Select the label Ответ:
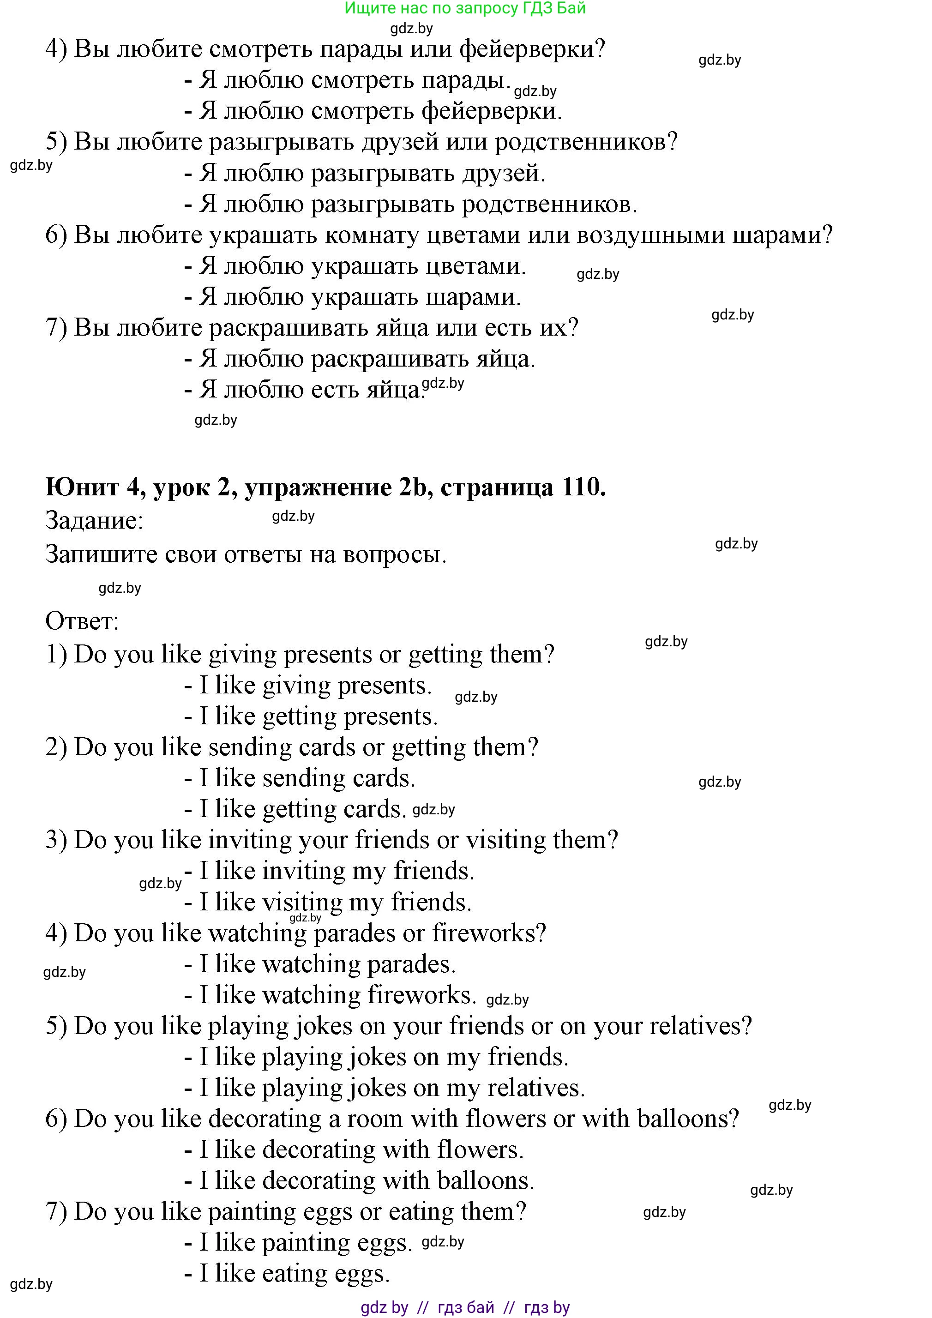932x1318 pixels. [x=82, y=621]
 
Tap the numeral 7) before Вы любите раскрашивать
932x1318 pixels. [x=56, y=328]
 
